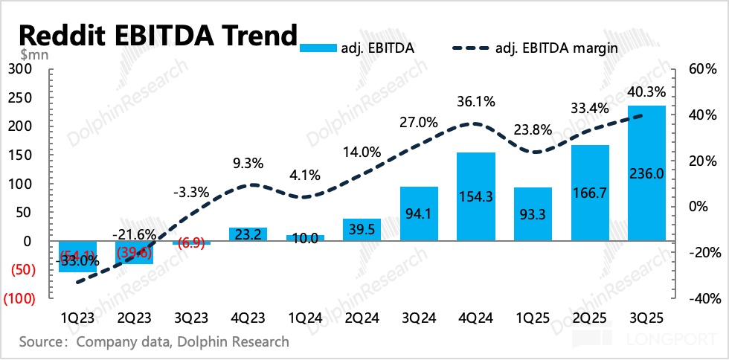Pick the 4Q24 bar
tap(475, 196)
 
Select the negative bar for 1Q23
tap(77, 257)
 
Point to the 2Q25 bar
tap(590, 193)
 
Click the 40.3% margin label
tap(646, 92)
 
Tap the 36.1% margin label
tap(475, 100)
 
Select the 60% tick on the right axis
tap(702, 69)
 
